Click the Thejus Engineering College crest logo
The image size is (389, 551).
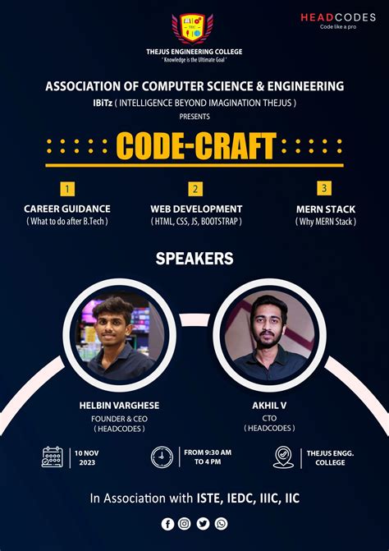(x=194, y=28)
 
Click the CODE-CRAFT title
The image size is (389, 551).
(x=194, y=147)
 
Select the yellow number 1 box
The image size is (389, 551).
(x=67, y=189)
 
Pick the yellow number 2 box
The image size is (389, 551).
(x=195, y=189)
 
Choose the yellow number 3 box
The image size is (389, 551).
(x=325, y=189)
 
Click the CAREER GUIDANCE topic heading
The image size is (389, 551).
(x=67, y=209)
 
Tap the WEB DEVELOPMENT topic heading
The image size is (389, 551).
(x=196, y=209)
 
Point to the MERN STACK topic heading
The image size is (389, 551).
(x=326, y=209)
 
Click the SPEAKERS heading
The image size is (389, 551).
(x=194, y=259)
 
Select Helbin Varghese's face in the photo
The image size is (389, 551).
(x=113, y=315)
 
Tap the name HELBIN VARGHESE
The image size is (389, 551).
(x=120, y=406)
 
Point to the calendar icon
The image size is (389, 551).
(x=53, y=457)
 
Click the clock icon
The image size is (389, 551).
(x=162, y=457)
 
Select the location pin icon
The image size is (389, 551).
(x=283, y=457)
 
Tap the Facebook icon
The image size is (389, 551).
(x=167, y=523)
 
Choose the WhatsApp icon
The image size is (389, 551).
(x=221, y=523)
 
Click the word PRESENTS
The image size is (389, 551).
(x=194, y=116)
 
